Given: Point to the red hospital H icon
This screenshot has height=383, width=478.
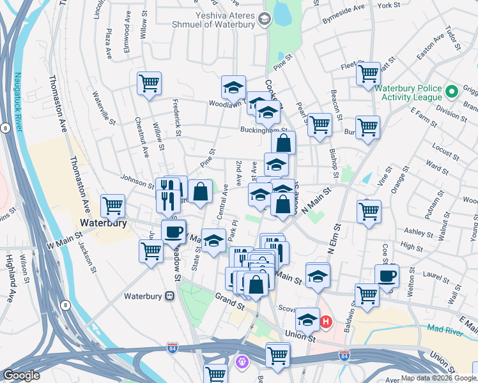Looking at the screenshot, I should [326, 321].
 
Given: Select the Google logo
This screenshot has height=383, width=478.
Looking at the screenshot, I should [22, 375].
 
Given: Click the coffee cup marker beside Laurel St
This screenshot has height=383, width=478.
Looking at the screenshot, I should [387, 276].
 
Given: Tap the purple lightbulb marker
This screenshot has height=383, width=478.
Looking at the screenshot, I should [242, 363].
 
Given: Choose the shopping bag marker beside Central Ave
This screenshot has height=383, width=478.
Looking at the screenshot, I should [201, 191].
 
